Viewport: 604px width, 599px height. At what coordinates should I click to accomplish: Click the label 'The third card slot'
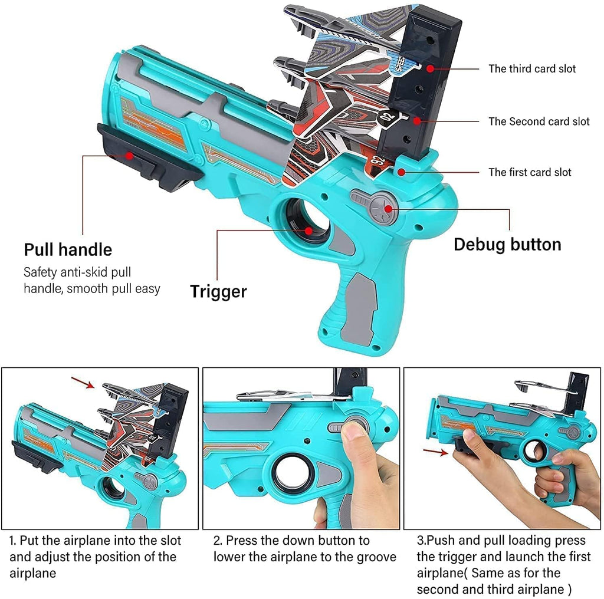531,69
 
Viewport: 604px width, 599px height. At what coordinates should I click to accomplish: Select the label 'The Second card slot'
539,121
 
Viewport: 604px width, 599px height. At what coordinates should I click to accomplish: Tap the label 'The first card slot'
530,172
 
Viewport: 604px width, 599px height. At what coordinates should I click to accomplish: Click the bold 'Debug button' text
507,244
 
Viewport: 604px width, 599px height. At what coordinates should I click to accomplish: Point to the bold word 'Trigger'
218,291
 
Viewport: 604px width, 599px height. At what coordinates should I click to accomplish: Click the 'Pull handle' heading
68,249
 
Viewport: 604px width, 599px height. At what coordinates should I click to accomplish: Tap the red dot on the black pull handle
129,156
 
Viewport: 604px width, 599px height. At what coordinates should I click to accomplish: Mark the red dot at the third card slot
431,68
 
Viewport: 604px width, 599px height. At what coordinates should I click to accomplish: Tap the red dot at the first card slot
401,172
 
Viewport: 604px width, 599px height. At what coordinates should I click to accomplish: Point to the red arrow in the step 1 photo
83,384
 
